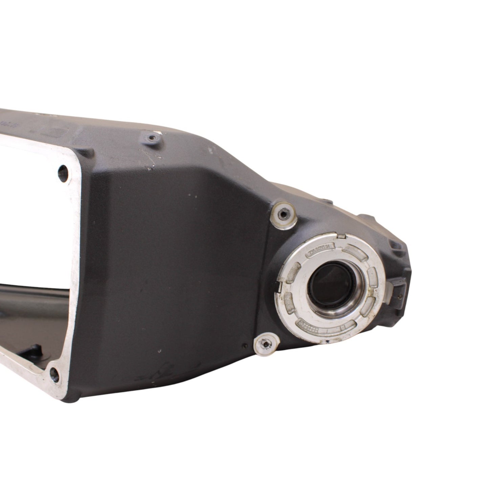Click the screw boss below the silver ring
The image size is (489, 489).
[x=265, y=344]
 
